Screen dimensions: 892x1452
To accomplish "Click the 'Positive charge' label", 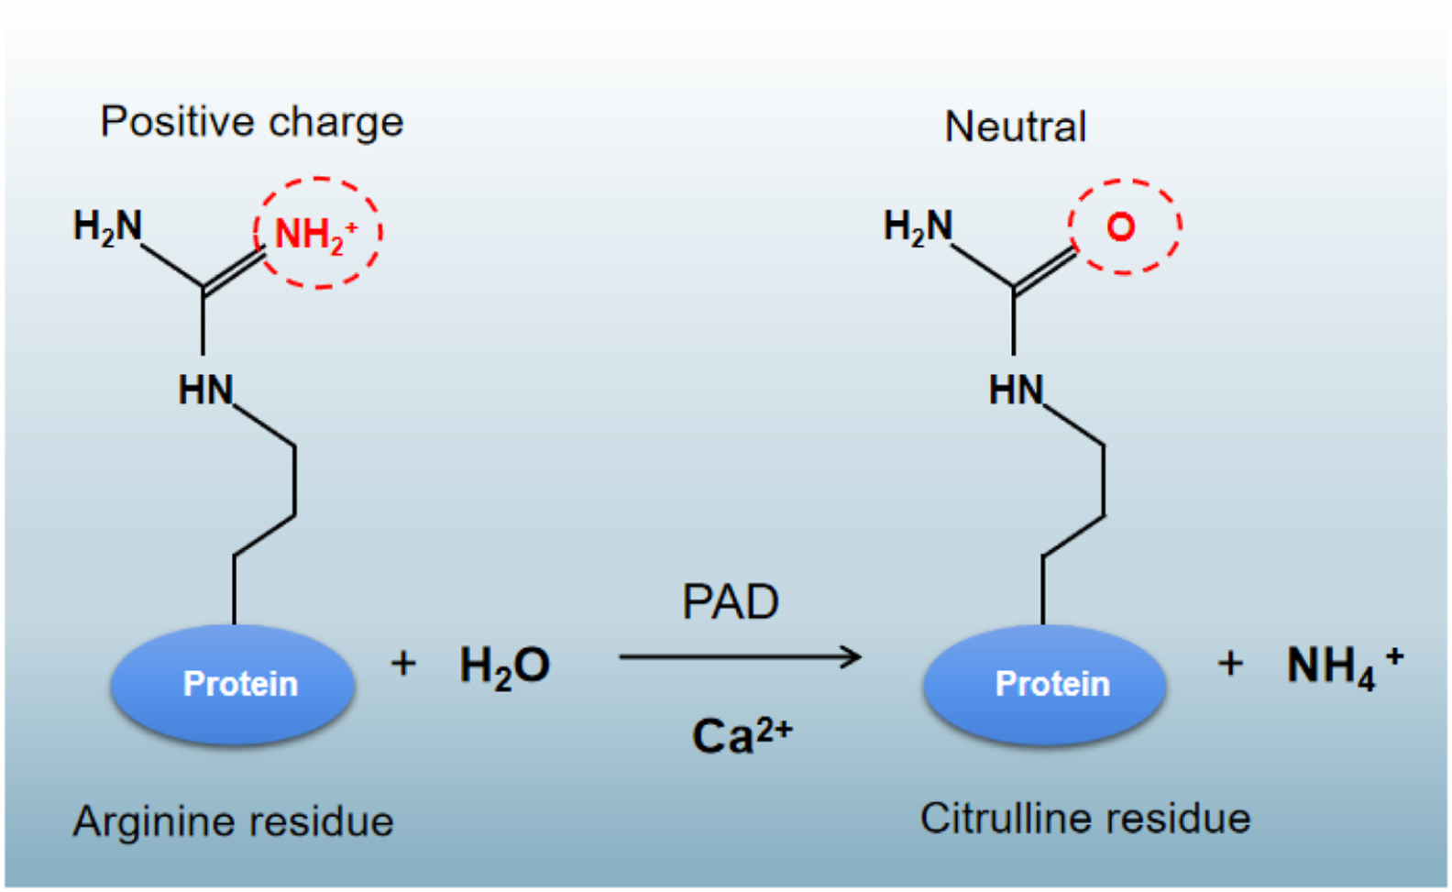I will point(251,122).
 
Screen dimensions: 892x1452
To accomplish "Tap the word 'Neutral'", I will point(1015,127).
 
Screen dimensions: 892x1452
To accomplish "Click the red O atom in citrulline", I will point(1121,226).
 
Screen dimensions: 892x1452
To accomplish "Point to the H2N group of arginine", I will point(107,226).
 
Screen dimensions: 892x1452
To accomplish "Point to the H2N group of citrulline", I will point(918,226).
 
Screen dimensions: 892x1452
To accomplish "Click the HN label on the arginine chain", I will point(205,391).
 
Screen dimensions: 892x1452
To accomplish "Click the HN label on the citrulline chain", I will point(1016,391).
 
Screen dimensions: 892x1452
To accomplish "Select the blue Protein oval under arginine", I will point(233,684).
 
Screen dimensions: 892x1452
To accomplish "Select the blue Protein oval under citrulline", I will point(1044,684).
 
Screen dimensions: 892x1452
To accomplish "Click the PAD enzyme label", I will point(730,602).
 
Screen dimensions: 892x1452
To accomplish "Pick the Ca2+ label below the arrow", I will point(741,735).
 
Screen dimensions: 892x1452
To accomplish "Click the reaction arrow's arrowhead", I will point(852,656).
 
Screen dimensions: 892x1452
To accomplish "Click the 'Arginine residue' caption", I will point(233,821).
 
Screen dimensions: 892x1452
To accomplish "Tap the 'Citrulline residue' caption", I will point(1085,818).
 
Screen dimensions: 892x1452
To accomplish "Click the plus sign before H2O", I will point(403,663).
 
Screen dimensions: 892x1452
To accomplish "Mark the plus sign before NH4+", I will point(1230,663).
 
